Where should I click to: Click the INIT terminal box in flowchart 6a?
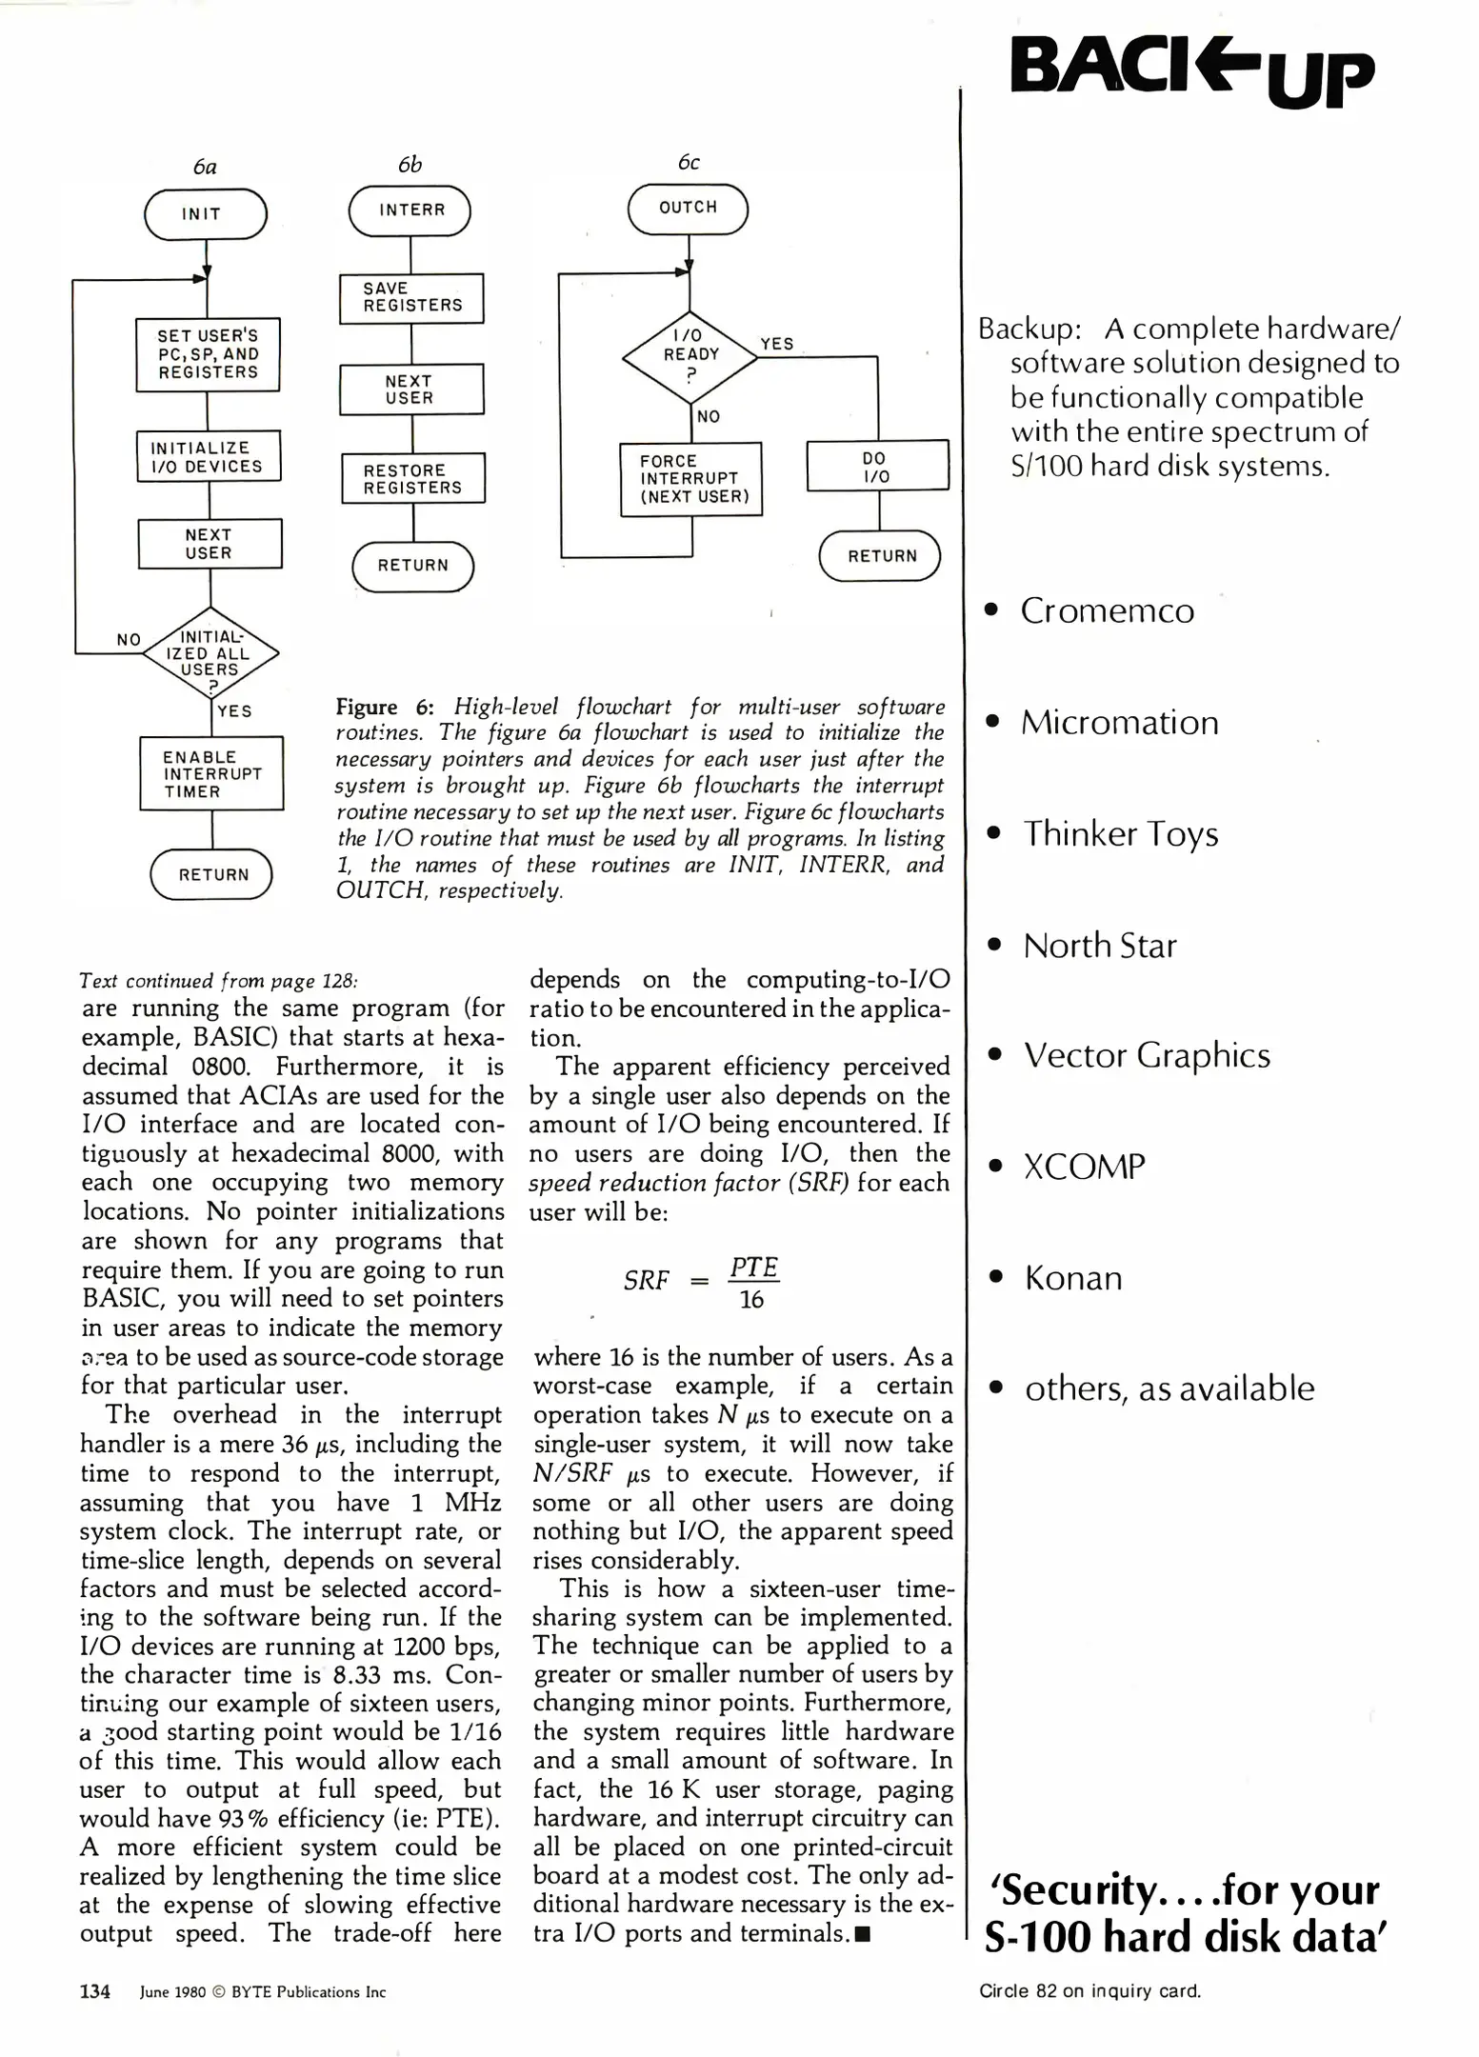point(205,214)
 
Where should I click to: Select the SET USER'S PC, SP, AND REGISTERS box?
point(208,354)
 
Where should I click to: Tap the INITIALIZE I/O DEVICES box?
point(209,457)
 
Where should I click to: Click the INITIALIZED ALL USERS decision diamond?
point(210,654)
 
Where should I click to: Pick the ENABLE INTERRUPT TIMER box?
point(211,773)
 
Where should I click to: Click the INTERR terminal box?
point(410,210)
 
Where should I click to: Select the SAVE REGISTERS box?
point(411,298)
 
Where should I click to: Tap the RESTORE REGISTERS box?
point(413,478)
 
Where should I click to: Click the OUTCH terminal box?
point(688,209)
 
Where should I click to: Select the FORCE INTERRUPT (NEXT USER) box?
point(691,479)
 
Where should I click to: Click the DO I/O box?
point(877,466)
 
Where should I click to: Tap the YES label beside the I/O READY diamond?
point(777,344)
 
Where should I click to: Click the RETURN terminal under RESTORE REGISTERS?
point(413,566)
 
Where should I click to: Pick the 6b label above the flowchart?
point(410,165)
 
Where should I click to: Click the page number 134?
point(94,1991)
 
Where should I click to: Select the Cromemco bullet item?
point(1107,610)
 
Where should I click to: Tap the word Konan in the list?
point(1073,1278)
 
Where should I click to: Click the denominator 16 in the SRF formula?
point(751,1300)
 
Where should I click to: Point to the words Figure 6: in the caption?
point(385,707)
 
